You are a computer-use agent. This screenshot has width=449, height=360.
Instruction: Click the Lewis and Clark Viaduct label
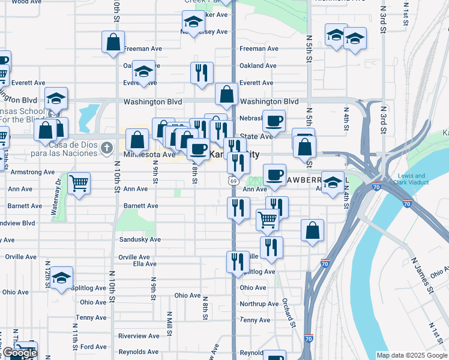coord(411,179)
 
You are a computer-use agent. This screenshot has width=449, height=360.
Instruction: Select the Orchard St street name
coord(288,311)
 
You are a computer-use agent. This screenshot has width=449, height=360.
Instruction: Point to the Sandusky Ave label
coord(139,239)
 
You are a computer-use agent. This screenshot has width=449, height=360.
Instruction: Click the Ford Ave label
coord(93,347)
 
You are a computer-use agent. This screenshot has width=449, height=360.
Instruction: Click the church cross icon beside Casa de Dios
coord(106,147)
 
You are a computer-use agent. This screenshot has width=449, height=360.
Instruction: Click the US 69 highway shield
coord(232,180)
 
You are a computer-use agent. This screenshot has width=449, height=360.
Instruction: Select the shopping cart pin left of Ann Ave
coord(79,183)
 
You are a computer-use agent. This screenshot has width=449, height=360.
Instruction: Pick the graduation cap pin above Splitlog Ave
coord(61,278)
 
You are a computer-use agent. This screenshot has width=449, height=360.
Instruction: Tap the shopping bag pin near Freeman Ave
coord(113,43)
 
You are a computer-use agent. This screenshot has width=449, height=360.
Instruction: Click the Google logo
coord(20,353)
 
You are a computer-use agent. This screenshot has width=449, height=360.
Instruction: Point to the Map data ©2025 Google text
coord(411,355)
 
